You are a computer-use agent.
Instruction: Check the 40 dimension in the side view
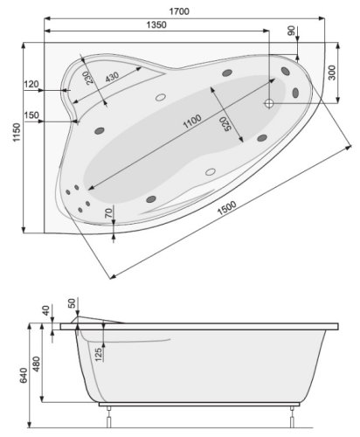tap(47, 312)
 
